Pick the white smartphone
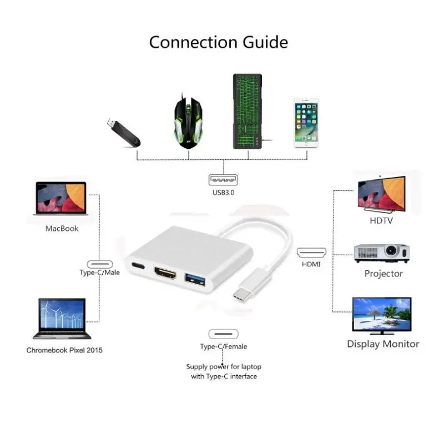306,123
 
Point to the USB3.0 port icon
223,180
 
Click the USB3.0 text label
223,193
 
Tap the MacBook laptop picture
60,199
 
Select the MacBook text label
62,228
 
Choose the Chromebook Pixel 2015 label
64,350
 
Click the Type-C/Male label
99,273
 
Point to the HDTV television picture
381,193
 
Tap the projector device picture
382,253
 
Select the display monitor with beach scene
382,315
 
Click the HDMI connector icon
311,253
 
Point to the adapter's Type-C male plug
243,294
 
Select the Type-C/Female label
224,346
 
